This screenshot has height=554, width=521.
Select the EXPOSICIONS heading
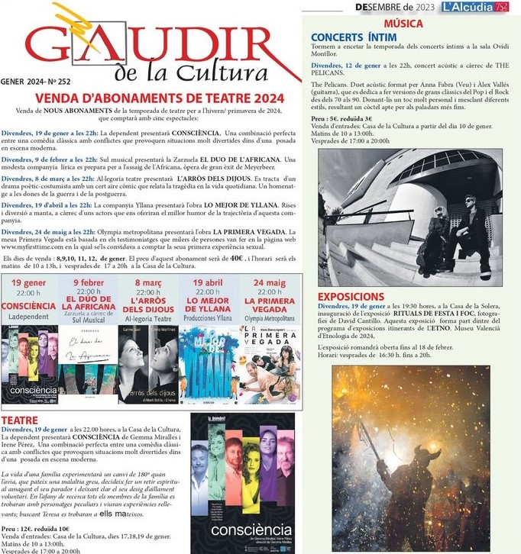pos(351,296)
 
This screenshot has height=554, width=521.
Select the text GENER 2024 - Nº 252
pos(34,80)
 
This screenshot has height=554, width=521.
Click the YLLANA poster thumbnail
pos(208,362)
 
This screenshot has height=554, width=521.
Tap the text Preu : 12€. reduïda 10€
pos(35,527)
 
